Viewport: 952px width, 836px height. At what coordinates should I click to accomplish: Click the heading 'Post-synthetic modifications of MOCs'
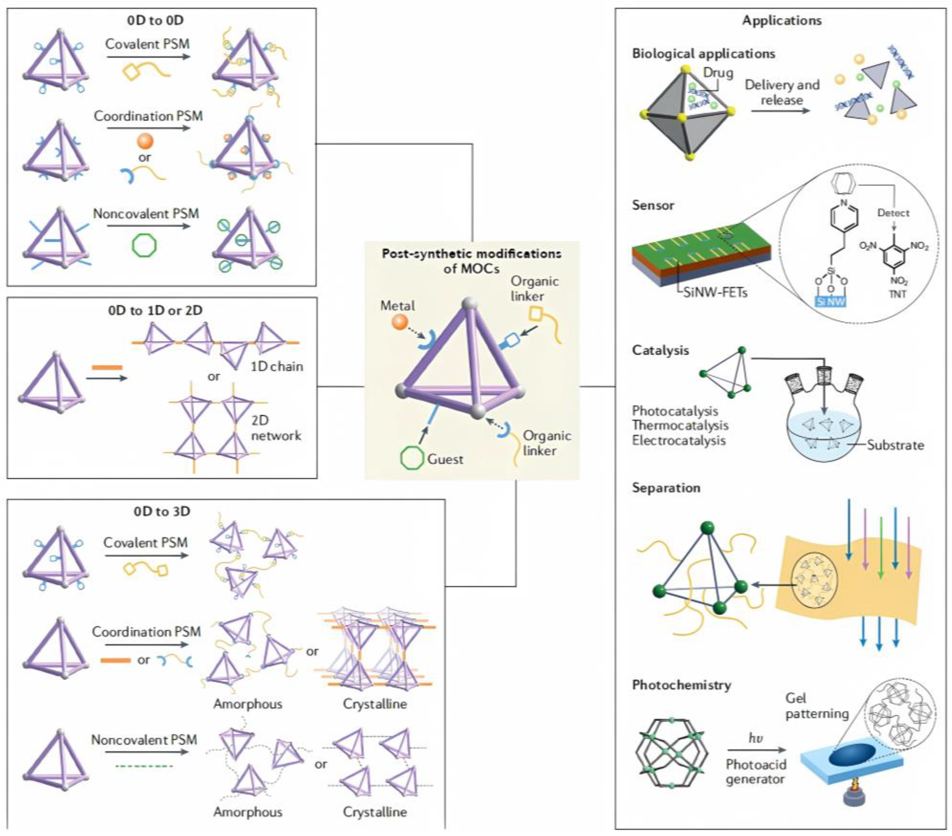coord(471,261)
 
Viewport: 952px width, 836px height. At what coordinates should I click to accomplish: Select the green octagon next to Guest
coord(412,458)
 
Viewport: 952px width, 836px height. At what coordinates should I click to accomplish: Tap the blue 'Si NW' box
coord(831,302)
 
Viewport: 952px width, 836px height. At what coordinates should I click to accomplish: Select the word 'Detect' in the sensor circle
coord(893,213)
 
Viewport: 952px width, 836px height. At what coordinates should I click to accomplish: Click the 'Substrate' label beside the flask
coord(895,445)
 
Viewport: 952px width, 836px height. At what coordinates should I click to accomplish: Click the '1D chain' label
coord(277,367)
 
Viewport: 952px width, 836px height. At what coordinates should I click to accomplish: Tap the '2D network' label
coord(276,428)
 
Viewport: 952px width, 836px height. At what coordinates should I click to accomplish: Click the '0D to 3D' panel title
coord(162,511)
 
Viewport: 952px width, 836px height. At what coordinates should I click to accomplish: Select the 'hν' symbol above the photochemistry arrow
coord(755,738)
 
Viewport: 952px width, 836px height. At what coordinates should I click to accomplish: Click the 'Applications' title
coord(781,20)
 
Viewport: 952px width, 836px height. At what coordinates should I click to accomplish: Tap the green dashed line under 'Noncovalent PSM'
coord(144,766)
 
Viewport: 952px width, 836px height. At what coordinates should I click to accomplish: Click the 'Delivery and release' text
coord(781,92)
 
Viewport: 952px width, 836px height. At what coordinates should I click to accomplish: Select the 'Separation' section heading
coord(666,488)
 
